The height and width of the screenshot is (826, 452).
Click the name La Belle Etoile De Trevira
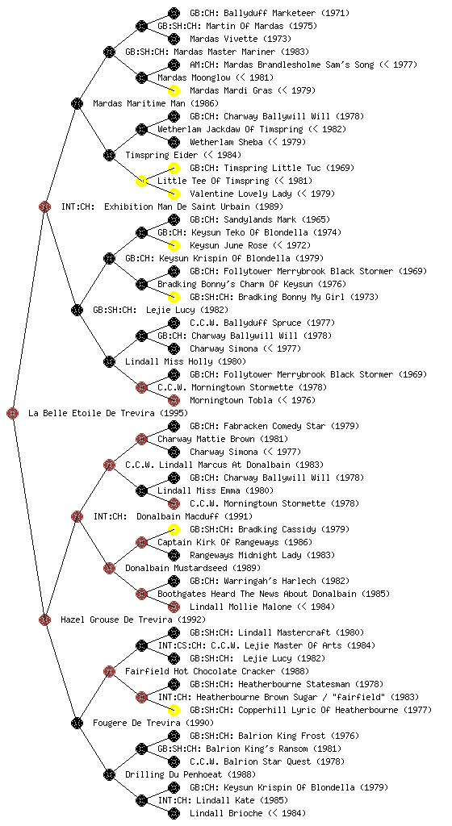point(92,413)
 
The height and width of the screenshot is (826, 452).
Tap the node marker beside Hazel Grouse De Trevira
point(44,619)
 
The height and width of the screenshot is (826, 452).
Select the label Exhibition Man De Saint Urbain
point(178,206)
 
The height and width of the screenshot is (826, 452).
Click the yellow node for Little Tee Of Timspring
point(141,181)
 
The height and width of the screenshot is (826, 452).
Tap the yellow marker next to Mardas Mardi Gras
point(174,90)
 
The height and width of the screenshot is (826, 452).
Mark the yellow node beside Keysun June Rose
point(174,245)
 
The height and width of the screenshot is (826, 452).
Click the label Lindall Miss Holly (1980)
point(186,361)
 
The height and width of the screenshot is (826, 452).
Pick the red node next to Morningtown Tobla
point(174,400)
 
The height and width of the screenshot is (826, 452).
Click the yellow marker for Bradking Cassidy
point(174,529)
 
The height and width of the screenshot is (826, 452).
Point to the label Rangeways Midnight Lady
point(245,555)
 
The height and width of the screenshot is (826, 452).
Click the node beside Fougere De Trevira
point(77,723)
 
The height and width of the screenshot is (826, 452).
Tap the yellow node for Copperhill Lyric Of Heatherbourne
point(174,710)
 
